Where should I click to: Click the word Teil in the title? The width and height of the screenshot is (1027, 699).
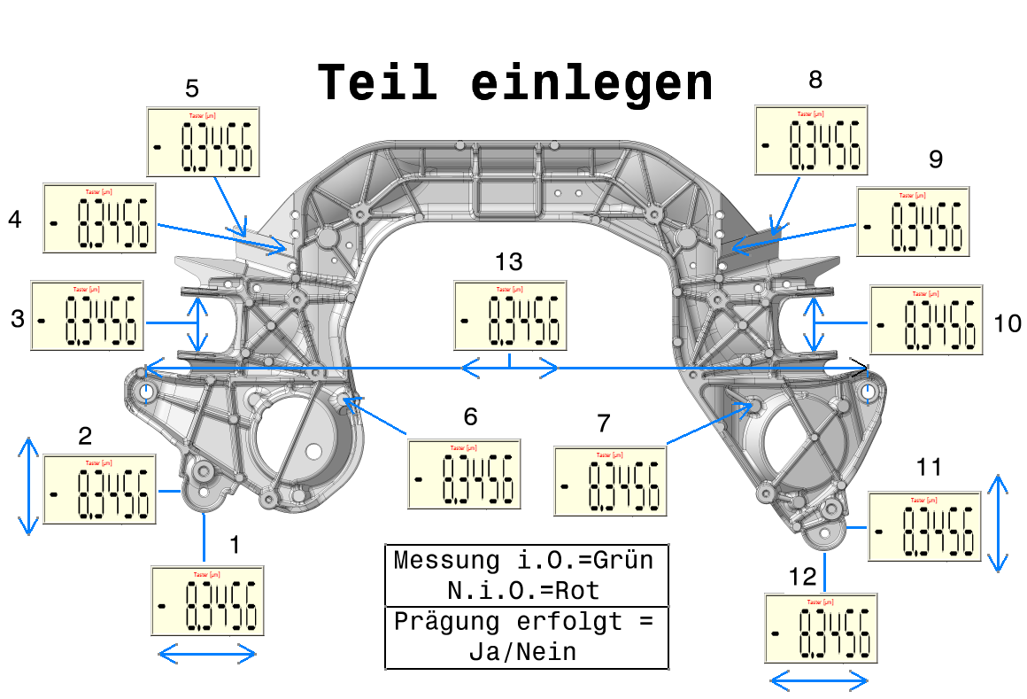point(378,82)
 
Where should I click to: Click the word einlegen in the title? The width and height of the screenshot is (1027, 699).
point(591,82)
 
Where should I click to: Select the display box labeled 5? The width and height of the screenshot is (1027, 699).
point(204,143)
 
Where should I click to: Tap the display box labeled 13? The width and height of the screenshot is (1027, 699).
point(510,315)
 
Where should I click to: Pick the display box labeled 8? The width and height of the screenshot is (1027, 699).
point(811,140)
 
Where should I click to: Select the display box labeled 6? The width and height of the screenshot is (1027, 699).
point(464,474)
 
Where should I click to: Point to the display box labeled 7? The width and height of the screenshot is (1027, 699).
point(610,481)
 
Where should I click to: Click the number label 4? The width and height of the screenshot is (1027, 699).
point(15,220)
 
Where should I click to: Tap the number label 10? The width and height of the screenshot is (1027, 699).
point(1008,323)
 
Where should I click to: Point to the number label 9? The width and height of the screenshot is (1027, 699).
point(936,159)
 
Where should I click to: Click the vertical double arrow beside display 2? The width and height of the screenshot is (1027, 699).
point(29,485)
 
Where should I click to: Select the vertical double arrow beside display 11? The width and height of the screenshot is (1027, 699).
point(999,524)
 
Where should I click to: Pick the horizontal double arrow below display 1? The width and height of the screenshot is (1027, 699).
point(207,655)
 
